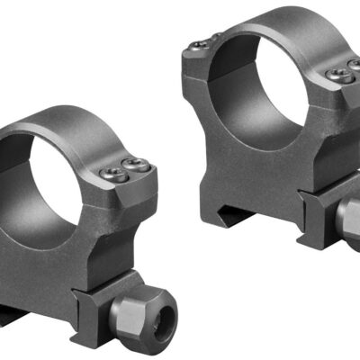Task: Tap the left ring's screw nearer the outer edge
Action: coord(136,165)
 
